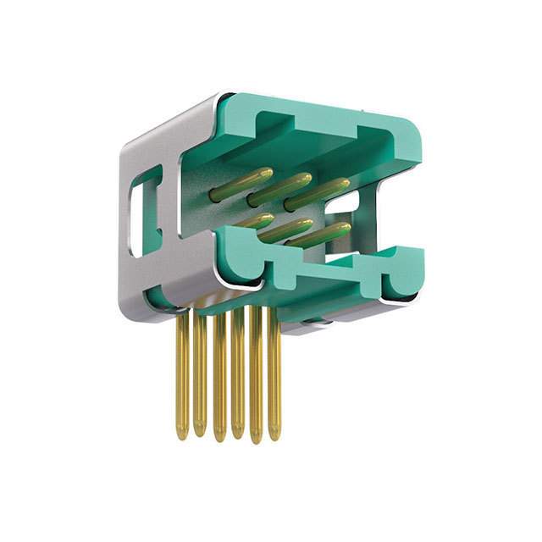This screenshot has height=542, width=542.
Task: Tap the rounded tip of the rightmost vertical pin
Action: pyautogui.click(x=274, y=434)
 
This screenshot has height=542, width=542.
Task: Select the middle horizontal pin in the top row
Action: pyautogui.click(x=280, y=189)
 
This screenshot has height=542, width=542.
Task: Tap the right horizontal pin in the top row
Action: pyautogui.click(x=318, y=193)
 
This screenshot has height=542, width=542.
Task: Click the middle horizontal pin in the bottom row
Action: pyautogui.click(x=285, y=230)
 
